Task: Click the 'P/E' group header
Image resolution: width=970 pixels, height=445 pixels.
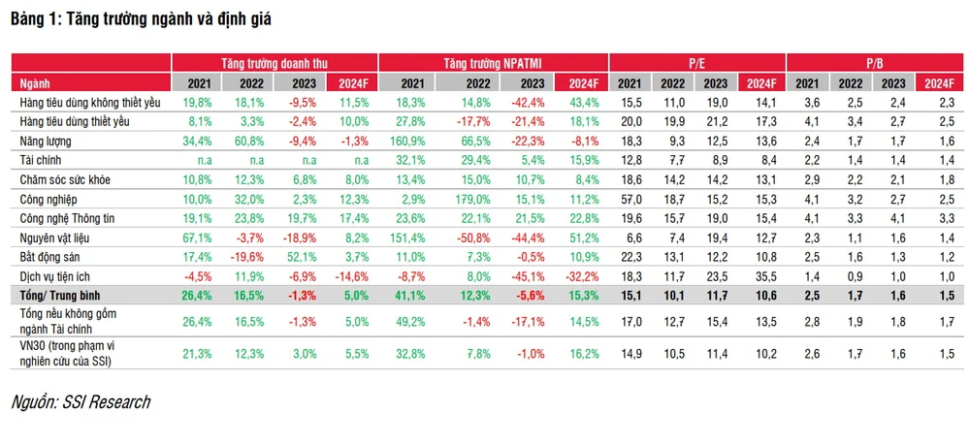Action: pos(696,61)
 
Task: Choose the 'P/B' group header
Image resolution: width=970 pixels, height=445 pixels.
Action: pos(874,61)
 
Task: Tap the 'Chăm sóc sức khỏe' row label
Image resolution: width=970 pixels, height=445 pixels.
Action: pos(67,178)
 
